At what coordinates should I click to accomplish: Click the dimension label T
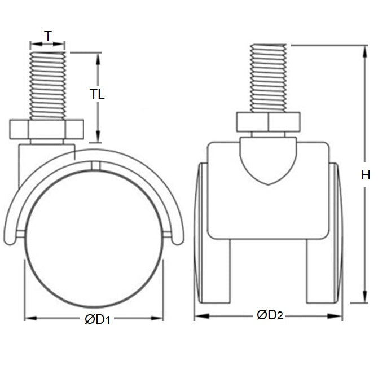(48, 36)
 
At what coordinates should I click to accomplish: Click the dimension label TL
(98, 95)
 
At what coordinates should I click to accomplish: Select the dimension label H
(365, 175)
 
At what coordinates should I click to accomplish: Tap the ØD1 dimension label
(96, 319)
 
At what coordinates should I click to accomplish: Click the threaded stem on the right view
(269, 79)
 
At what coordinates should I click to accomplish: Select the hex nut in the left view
(47, 130)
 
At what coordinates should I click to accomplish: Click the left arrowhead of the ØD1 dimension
(28, 318)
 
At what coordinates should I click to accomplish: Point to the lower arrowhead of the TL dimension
(99, 138)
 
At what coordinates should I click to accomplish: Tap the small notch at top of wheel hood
(94, 165)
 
